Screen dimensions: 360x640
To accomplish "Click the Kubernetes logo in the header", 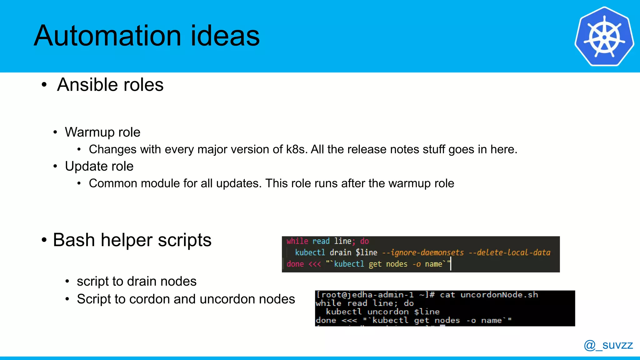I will (604, 37).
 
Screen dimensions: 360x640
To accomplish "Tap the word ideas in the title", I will (225, 36).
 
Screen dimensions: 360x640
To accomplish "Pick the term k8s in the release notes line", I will (296, 149).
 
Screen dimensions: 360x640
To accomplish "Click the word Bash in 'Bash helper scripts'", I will (74, 240).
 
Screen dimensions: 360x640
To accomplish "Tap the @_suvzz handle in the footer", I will (608, 345).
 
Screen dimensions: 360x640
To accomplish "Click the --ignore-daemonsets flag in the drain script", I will (423, 252).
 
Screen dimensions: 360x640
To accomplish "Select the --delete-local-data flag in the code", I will (509, 252).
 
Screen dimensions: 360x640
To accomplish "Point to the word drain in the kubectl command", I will (340, 252).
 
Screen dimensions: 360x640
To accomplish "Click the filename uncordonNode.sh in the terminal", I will (499, 295).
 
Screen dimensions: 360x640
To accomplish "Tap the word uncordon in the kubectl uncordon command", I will (388, 312).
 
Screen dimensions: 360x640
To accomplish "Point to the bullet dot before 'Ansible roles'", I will (44, 85).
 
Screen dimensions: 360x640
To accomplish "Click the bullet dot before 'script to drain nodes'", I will (67, 282).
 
